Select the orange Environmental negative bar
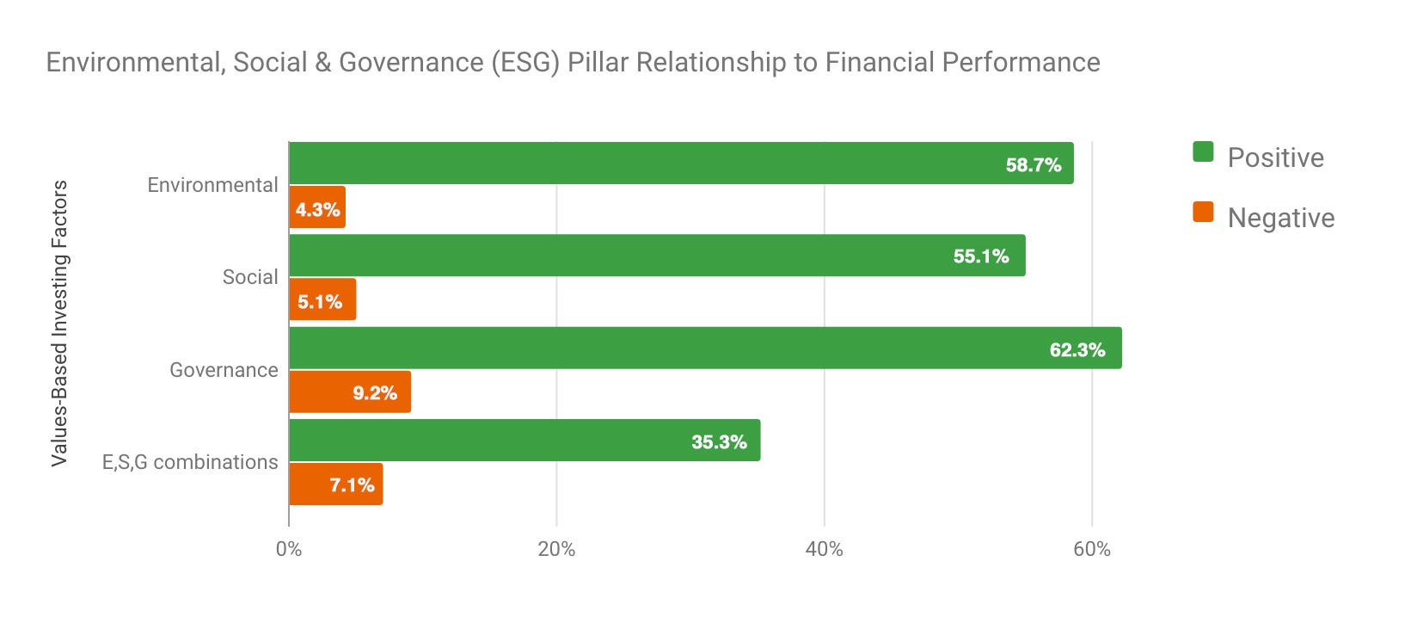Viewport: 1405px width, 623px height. click(x=316, y=207)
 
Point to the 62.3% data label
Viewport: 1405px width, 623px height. click(x=1077, y=349)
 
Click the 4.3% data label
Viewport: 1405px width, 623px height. click(x=317, y=209)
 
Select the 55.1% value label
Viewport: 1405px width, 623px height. click(x=980, y=256)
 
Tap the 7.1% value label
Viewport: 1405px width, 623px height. click(x=352, y=485)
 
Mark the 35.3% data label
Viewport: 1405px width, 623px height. click(x=719, y=442)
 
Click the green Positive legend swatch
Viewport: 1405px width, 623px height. click(x=1203, y=152)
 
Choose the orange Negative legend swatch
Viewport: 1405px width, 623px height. click(x=1203, y=212)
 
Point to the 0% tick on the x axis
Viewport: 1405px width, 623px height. click(x=289, y=549)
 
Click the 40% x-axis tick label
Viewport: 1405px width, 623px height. click(x=824, y=549)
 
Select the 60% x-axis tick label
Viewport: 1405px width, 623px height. click(x=1091, y=549)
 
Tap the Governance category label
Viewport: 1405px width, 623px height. click(x=224, y=370)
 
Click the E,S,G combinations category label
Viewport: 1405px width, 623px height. click(x=190, y=462)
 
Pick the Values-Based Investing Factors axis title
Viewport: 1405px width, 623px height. click(x=59, y=324)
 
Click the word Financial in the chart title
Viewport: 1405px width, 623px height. click(x=879, y=63)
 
